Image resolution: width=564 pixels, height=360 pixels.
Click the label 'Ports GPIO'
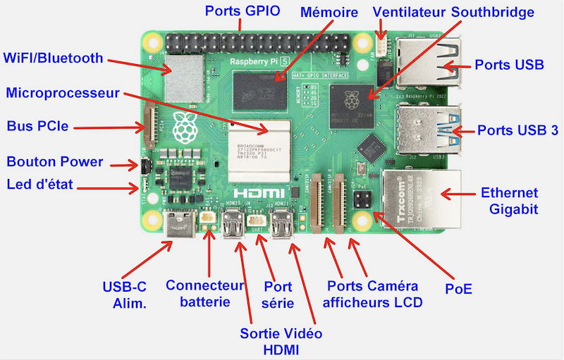(x=243, y=11)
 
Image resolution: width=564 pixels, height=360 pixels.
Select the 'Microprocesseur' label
(x=62, y=93)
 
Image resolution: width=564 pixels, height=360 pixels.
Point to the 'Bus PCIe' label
(x=37, y=128)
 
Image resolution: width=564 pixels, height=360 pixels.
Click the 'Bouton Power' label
(x=55, y=162)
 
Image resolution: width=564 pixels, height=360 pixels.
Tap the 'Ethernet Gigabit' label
(x=509, y=201)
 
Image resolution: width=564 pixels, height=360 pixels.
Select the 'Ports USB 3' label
(x=518, y=130)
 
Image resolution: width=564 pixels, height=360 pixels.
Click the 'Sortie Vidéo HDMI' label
(x=281, y=340)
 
